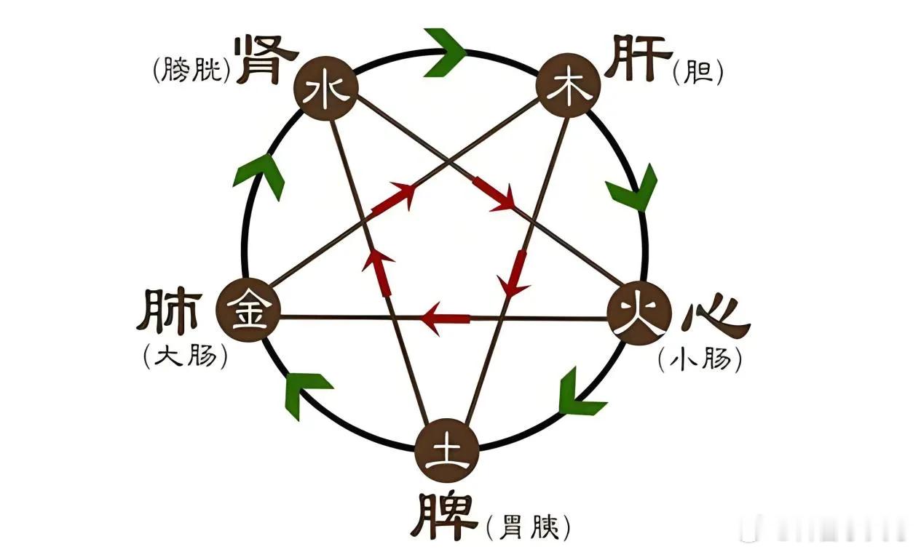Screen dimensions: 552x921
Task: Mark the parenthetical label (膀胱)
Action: pyautogui.click(x=192, y=70)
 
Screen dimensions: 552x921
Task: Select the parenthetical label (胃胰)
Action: pyautogui.click(x=526, y=527)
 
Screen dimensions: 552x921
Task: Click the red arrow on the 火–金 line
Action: pyautogui.click(x=446, y=319)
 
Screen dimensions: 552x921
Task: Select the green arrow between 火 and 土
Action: pyautogui.click(x=577, y=393)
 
